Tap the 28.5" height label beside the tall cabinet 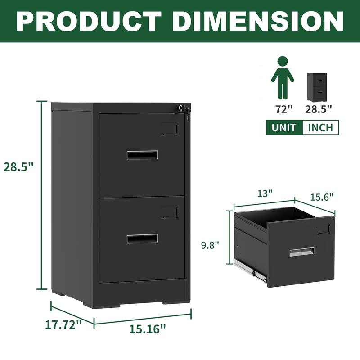[19, 166]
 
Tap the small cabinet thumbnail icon [317, 87]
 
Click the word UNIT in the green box [284, 127]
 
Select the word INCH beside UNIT [320, 127]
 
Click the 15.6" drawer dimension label [322, 197]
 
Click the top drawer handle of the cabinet [142, 155]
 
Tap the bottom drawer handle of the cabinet [142, 238]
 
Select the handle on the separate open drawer [302, 252]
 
